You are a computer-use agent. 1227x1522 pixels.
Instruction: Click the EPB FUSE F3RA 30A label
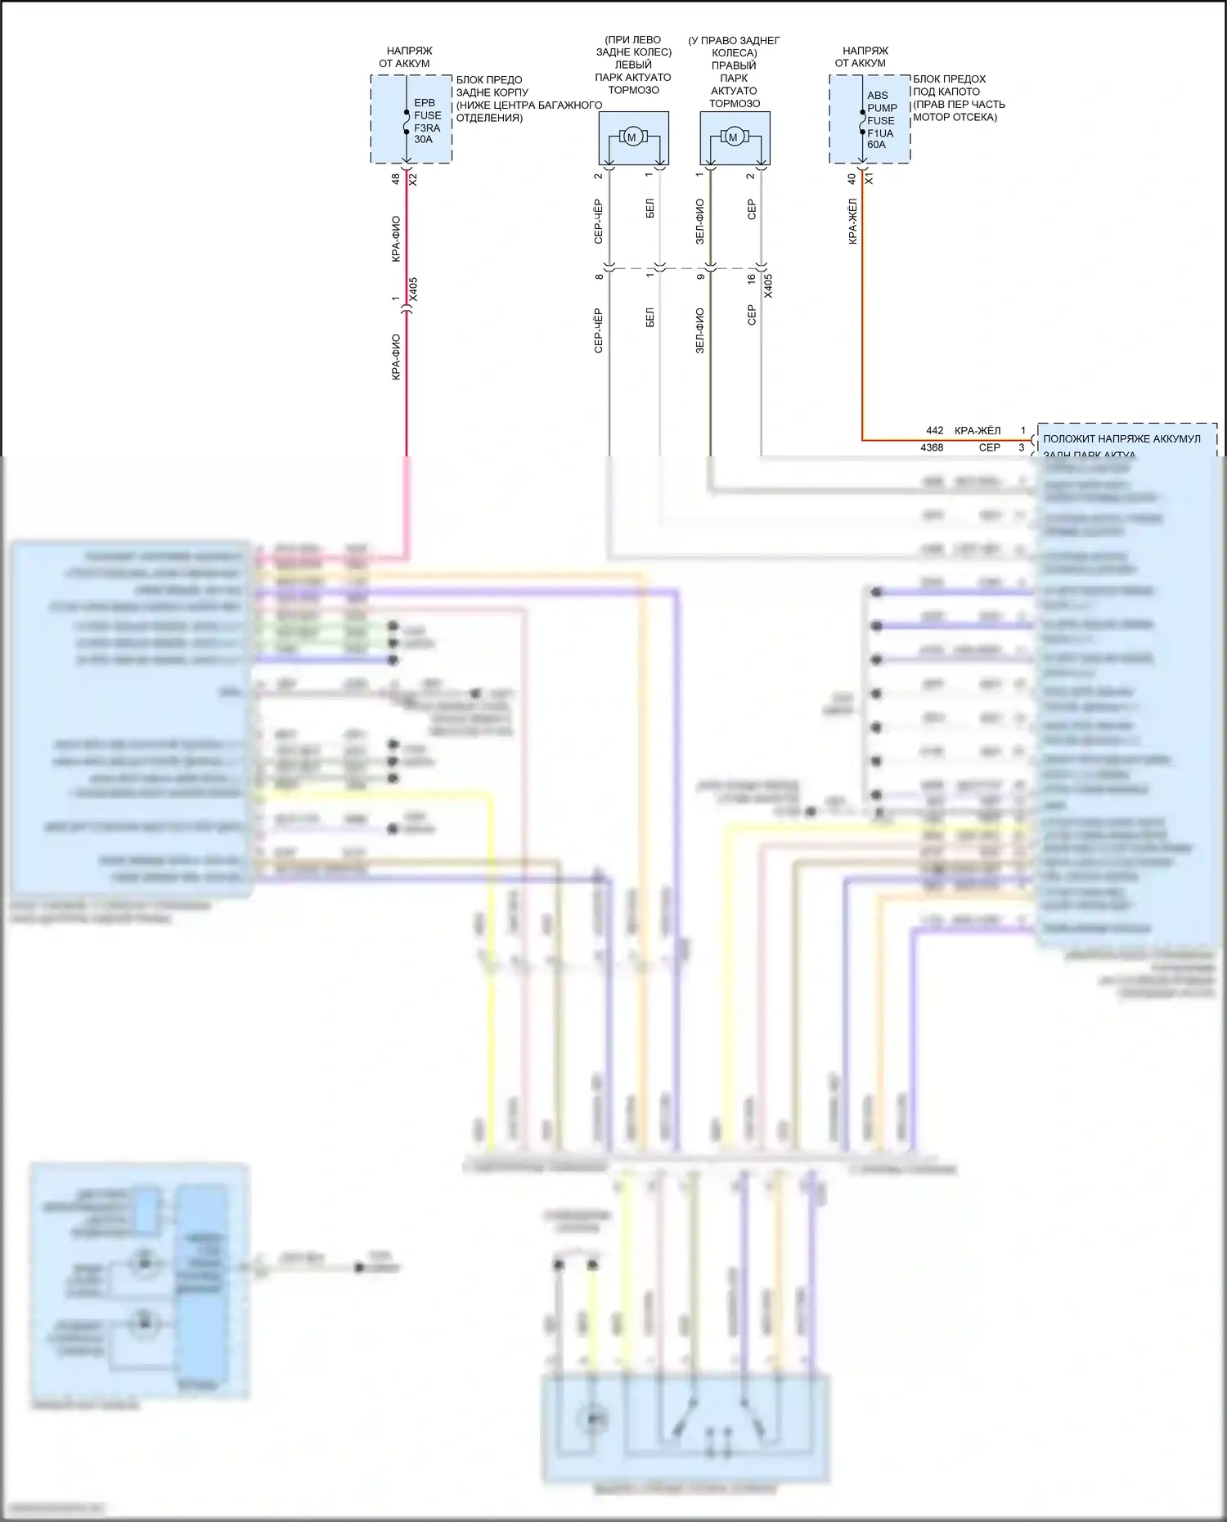click(427, 121)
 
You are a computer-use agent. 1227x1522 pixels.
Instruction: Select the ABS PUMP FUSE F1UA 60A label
click(882, 120)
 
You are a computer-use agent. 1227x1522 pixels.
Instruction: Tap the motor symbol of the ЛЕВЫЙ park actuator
click(631, 137)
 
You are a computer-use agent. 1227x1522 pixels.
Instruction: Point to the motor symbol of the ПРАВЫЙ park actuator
click(733, 137)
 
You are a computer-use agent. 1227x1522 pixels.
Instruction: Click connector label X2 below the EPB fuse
click(413, 178)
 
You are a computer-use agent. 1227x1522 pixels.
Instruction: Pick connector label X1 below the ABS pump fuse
click(869, 178)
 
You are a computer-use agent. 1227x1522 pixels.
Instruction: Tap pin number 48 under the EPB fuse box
click(396, 178)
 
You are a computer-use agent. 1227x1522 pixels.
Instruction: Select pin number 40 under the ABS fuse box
click(852, 178)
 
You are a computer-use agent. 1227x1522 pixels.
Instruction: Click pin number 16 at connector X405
click(752, 279)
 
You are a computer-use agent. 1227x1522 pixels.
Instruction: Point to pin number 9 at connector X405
click(700, 276)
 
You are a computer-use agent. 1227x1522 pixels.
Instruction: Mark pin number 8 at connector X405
click(599, 276)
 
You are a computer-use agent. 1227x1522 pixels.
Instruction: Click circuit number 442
click(934, 430)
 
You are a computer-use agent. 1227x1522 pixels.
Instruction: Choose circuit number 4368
click(932, 447)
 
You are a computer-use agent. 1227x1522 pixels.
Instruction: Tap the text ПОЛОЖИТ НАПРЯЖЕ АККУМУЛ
click(1121, 439)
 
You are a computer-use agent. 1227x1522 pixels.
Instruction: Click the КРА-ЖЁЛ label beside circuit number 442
click(978, 430)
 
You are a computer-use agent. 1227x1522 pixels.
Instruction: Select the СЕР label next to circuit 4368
click(990, 447)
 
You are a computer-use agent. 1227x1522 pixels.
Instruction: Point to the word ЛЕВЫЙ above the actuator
click(633, 65)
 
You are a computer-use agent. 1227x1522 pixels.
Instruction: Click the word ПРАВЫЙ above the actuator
click(734, 65)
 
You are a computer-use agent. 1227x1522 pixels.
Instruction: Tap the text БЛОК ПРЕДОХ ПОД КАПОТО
click(949, 85)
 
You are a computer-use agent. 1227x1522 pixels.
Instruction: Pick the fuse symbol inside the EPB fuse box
click(407, 121)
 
